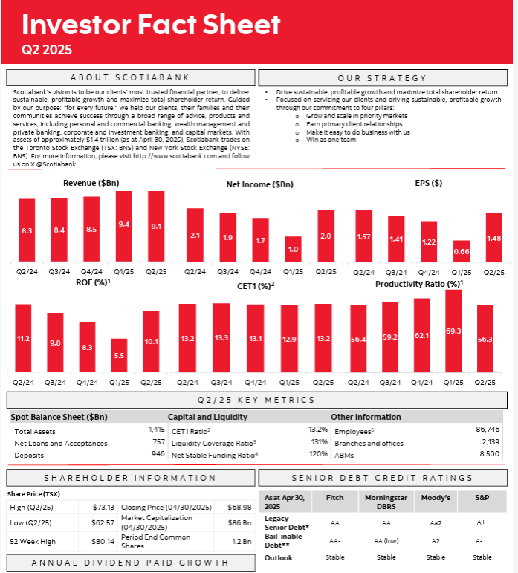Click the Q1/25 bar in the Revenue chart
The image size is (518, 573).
[124, 224]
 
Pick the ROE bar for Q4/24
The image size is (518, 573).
[87, 346]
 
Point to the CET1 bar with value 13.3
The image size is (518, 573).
[221, 337]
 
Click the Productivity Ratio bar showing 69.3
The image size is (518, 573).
[453, 330]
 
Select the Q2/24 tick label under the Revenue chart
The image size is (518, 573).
[27, 271]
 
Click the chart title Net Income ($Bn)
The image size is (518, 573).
[259, 184]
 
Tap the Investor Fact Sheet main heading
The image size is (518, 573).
[151, 25]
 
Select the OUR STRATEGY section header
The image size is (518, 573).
[382, 77]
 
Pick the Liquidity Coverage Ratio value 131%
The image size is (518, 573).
[318, 442]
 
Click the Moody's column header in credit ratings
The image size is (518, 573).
[436, 499]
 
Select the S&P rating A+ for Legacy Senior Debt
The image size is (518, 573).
[482, 522]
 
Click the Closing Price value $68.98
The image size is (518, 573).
[236, 507]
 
